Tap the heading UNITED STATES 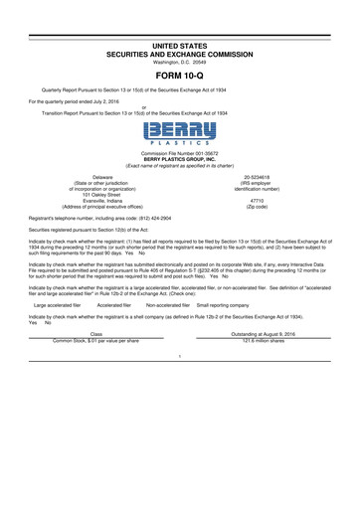(x=179, y=33)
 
